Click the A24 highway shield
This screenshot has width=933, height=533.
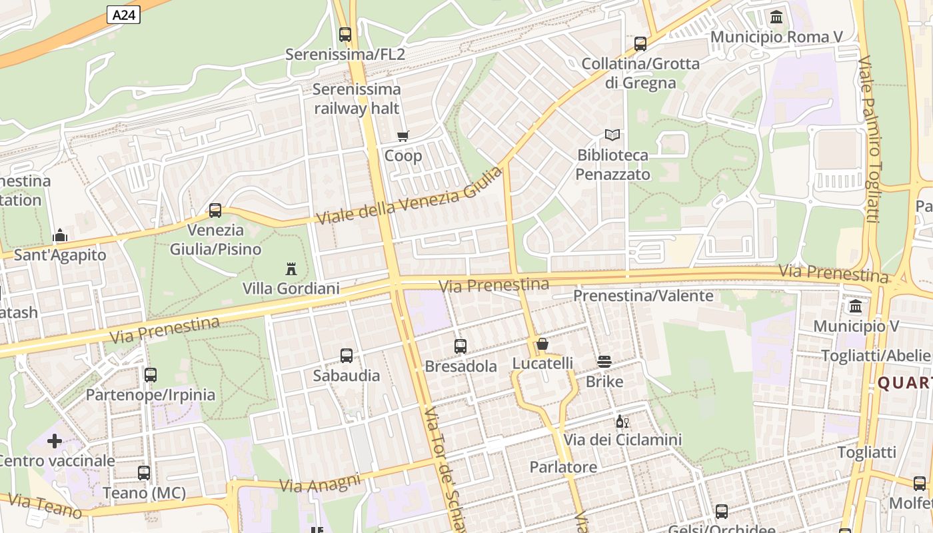pyautogui.click(x=123, y=15)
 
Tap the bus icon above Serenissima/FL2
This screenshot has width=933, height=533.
pyautogui.click(x=345, y=34)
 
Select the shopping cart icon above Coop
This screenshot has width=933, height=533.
pyautogui.click(x=403, y=137)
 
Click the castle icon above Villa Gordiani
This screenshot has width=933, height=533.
pyautogui.click(x=291, y=269)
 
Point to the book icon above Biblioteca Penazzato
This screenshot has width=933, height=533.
pyautogui.click(x=612, y=135)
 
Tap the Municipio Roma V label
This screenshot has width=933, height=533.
pyautogui.click(x=777, y=37)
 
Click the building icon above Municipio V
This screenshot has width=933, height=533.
pyautogui.click(x=856, y=306)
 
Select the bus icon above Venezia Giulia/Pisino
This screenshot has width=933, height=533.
pyautogui.click(x=215, y=211)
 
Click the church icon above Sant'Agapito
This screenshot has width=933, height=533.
pyautogui.click(x=60, y=235)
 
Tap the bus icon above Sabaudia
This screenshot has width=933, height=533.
pyautogui.click(x=347, y=356)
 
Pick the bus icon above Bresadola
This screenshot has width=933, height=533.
pyautogui.click(x=461, y=346)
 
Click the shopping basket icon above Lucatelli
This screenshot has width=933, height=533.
pyautogui.click(x=542, y=344)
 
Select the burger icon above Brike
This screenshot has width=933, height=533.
pyautogui.click(x=604, y=362)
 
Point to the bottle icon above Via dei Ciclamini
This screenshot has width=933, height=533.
pyautogui.click(x=622, y=420)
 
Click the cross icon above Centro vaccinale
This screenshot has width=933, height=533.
pyautogui.click(x=55, y=441)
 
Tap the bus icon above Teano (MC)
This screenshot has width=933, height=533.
pyautogui.click(x=144, y=473)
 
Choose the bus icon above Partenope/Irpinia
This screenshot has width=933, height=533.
pyautogui.click(x=151, y=375)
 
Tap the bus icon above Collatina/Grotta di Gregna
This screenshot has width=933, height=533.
pyautogui.click(x=640, y=44)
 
